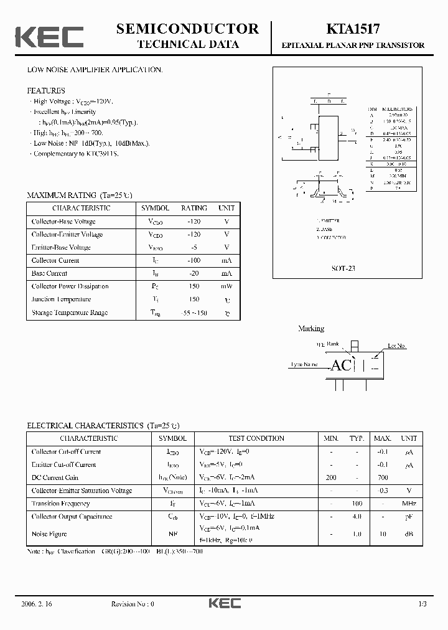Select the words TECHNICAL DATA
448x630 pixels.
(187, 44)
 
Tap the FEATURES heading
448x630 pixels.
(46, 91)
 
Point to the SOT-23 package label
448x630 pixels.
(343, 269)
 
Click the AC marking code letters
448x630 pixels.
(341, 365)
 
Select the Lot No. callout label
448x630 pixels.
(396, 346)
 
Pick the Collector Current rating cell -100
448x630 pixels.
(194, 260)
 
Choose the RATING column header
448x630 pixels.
(194, 208)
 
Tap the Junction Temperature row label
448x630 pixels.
(61, 299)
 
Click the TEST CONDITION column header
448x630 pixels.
(256, 438)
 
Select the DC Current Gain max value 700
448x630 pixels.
(383, 477)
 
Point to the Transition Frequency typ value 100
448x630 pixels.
(357, 504)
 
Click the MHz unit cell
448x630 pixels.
(409, 504)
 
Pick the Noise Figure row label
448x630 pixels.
(49, 534)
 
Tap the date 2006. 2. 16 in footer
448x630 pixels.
(37, 604)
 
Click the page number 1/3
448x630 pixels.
(422, 604)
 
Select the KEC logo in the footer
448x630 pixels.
(224, 603)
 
